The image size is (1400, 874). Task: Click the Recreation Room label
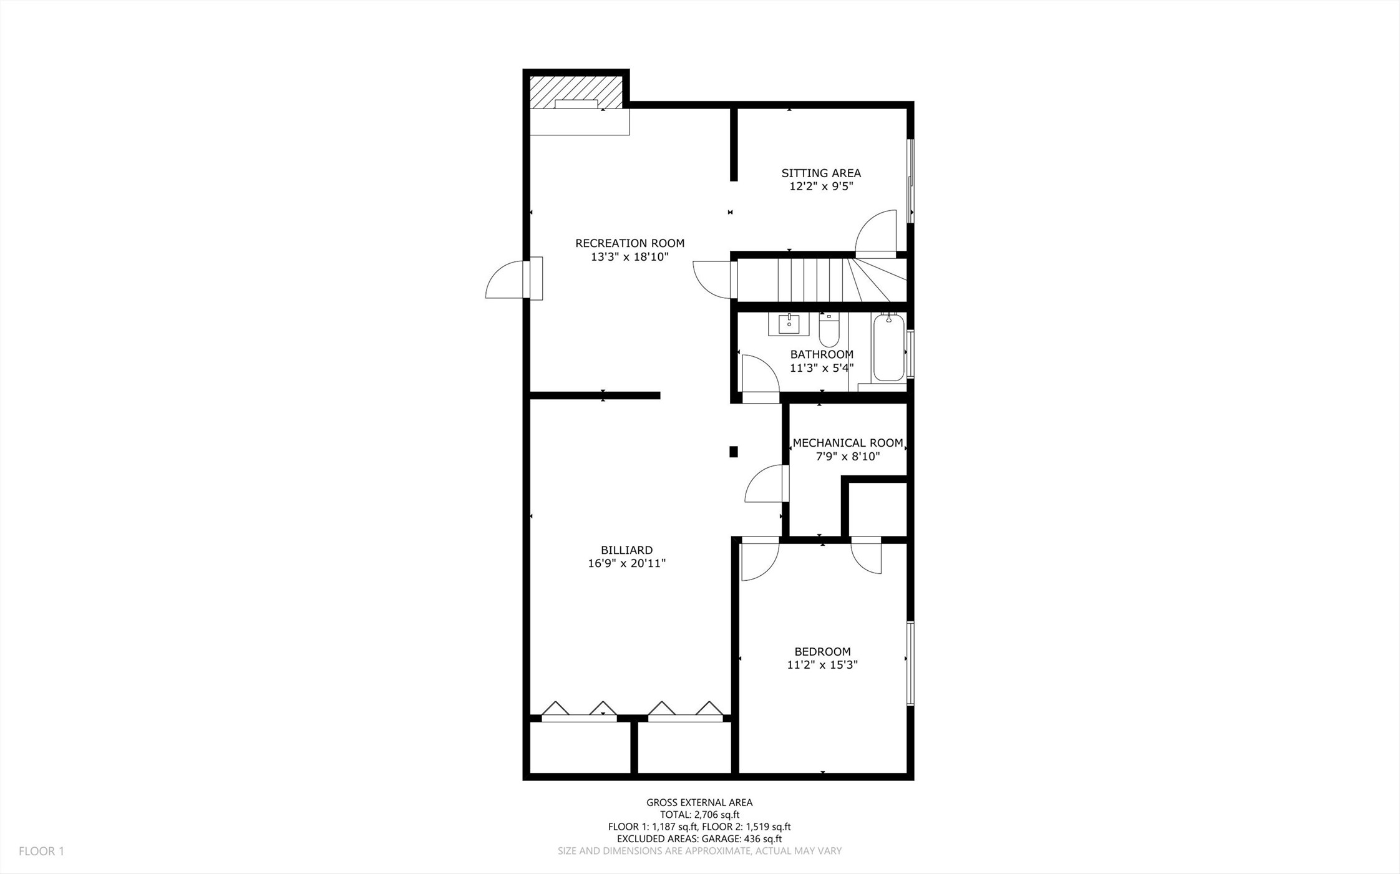630,243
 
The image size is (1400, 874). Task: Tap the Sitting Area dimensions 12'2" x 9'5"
821,187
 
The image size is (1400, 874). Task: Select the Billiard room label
626,550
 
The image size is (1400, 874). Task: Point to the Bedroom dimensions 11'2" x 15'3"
822,665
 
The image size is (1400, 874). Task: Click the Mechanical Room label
848,443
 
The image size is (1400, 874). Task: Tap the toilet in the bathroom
829,331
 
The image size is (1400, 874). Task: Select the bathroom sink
789,324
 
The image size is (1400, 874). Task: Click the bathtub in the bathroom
888,347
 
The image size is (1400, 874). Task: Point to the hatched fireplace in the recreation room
576,93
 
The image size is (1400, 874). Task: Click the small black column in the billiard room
734,452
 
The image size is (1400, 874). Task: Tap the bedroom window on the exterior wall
910,663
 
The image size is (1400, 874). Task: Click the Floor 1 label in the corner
41,851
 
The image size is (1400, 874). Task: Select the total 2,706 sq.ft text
699,815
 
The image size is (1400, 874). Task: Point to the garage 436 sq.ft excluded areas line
699,839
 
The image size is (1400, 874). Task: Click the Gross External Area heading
699,803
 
